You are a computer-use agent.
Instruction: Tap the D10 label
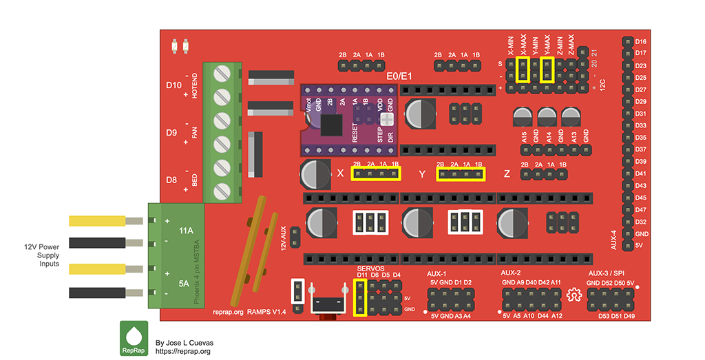173,85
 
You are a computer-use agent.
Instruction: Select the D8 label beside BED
173,180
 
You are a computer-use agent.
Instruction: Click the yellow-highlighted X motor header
376,174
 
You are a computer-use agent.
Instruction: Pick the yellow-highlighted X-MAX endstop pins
523,70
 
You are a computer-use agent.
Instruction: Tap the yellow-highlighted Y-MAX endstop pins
548,70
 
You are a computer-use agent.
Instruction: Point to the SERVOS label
371,268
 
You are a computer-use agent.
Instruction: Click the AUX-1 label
436,273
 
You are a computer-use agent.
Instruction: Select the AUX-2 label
511,273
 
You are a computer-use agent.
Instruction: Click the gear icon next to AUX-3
572,295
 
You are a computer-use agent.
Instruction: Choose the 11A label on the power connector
186,231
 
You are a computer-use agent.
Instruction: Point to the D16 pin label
640,42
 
